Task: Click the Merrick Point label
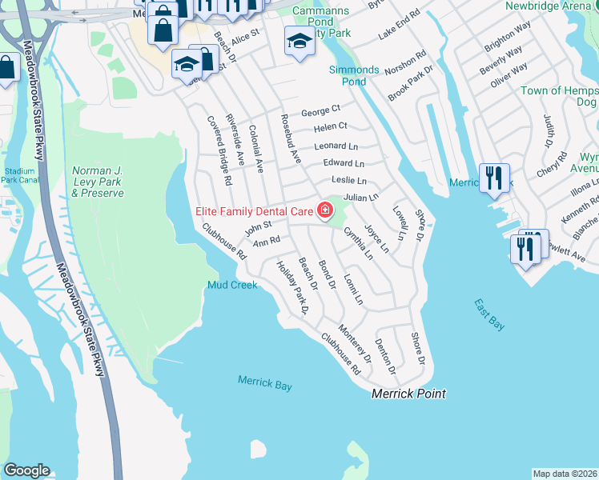[x=408, y=394]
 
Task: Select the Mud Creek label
[x=232, y=285]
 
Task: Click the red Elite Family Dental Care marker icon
[x=325, y=211]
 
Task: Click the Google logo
[x=26, y=470]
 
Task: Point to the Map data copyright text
[x=565, y=473]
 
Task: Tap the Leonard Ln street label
[x=336, y=146]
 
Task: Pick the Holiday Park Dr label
[x=292, y=289]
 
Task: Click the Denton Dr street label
[x=386, y=355]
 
